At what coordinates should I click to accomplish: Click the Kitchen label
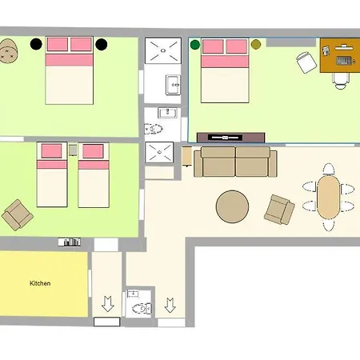[x=40, y=283]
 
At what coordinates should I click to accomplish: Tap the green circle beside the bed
[x=195, y=45]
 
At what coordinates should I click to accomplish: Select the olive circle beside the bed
[x=256, y=44]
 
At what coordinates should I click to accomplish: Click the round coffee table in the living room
[x=232, y=206]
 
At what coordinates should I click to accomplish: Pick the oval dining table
[x=329, y=197]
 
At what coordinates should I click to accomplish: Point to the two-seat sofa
[x=235, y=162]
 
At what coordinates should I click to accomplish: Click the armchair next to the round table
[x=279, y=210]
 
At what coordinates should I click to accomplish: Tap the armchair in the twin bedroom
[x=18, y=215]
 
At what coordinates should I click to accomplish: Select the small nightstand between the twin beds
[x=73, y=150]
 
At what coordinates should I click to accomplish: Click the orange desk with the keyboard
[x=340, y=55]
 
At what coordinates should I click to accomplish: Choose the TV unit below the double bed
[x=231, y=138]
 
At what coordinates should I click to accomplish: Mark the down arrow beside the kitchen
[x=108, y=304]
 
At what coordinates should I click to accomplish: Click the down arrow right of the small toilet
[x=170, y=305]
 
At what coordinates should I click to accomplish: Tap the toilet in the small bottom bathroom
[x=142, y=309]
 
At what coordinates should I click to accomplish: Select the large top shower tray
[x=163, y=50]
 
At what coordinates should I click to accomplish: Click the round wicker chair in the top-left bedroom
[x=8, y=51]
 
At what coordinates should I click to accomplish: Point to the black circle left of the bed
[x=36, y=44]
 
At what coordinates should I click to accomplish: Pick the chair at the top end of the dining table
[x=329, y=169]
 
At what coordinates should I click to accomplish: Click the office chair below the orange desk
[x=341, y=81]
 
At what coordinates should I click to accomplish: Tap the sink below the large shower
[x=173, y=85]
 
